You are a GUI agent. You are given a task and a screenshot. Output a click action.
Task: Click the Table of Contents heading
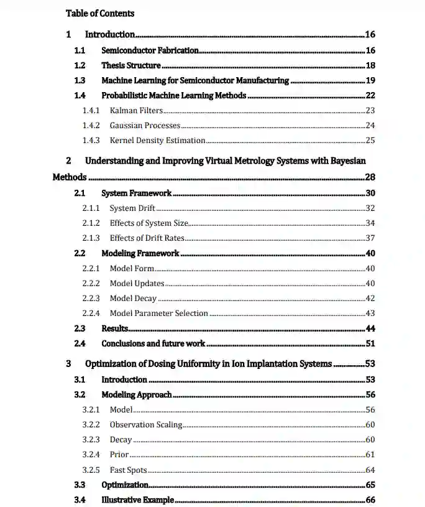pyautogui.click(x=99, y=13)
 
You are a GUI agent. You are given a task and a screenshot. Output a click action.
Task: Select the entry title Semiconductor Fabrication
pyautogui.click(x=150, y=50)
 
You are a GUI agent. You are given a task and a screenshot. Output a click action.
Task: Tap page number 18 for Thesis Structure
pyautogui.click(x=370, y=65)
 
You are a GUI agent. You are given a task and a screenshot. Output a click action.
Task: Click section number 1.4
pyautogui.click(x=80, y=95)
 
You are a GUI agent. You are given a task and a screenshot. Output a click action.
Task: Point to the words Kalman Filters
pyautogui.click(x=136, y=111)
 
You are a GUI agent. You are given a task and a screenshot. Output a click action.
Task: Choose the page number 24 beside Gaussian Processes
pyautogui.click(x=370, y=126)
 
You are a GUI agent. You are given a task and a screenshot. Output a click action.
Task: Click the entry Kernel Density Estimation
pyautogui.click(x=157, y=141)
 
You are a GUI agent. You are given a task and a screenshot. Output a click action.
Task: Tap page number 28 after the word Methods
pyautogui.click(x=370, y=177)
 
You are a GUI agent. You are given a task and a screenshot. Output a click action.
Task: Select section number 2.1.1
pyautogui.click(x=91, y=208)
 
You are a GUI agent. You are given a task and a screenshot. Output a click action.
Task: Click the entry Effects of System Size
pyautogui.click(x=149, y=223)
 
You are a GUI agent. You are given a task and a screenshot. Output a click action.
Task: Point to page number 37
pyautogui.click(x=370, y=238)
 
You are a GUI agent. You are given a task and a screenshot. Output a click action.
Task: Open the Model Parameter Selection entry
pyautogui.click(x=158, y=314)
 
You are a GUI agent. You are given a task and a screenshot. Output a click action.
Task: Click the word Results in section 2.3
pyautogui.click(x=115, y=328)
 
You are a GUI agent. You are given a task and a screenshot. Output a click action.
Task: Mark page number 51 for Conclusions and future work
pyautogui.click(x=370, y=343)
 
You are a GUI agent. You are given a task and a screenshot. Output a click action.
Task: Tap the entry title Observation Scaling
pyautogui.click(x=146, y=425)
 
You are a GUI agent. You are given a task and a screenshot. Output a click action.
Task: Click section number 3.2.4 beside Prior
pyautogui.click(x=91, y=455)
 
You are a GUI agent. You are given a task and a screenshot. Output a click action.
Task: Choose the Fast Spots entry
pyautogui.click(x=128, y=470)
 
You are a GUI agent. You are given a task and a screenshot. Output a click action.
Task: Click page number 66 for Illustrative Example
pyautogui.click(x=370, y=500)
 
